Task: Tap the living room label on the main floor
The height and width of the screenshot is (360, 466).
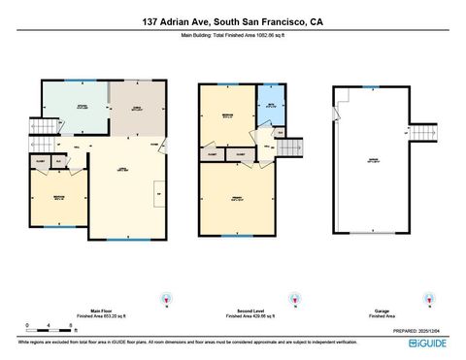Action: click(123, 169)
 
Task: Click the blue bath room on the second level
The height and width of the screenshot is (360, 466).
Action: click(271, 106)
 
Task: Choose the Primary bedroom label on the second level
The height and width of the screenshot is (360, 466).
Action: click(237, 198)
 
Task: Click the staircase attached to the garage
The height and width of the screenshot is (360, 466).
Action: click(421, 134)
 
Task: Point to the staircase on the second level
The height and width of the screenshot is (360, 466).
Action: click(290, 147)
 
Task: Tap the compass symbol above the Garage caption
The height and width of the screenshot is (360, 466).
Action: click(424, 299)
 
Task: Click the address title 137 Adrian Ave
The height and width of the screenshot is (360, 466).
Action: click(233, 20)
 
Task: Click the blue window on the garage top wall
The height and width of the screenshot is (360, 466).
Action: click(374, 88)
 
